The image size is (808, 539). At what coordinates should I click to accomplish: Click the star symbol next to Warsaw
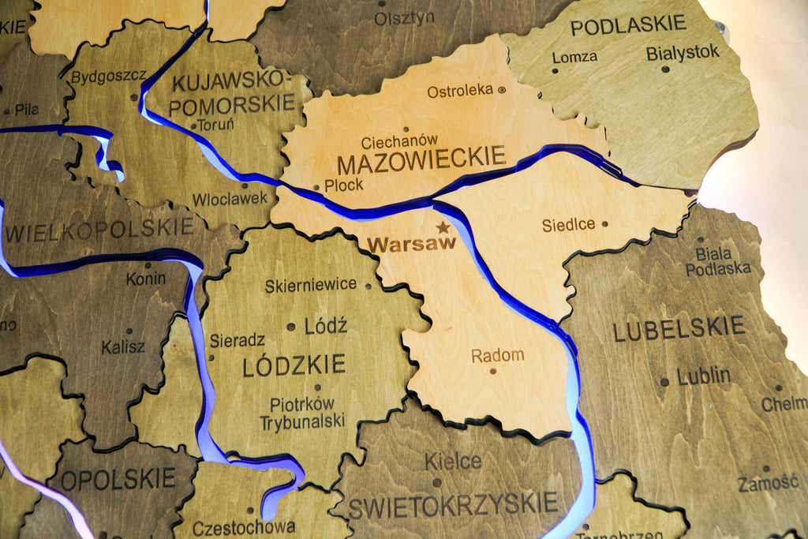(443, 227)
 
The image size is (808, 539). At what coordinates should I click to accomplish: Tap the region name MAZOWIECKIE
(421, 161)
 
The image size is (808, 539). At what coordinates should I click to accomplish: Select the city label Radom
(497, 356)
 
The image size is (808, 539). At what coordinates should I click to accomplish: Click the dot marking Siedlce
(604, 224)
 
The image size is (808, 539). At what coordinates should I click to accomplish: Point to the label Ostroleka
(460, 91)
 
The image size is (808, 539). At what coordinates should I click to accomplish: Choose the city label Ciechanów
(399, 142)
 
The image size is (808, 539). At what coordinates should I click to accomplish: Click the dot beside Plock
(317, 188)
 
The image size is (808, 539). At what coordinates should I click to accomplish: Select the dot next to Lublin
(664, 381)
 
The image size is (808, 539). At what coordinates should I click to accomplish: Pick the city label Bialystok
(683, 53)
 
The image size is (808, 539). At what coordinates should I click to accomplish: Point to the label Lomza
(574, 57)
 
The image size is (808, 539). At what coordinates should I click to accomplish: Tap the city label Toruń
(215, 125)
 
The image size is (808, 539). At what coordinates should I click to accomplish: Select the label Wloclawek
(230, 199)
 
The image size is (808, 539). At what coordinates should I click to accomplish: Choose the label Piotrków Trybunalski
(303, 413)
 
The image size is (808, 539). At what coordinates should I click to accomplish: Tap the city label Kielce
(453, 461)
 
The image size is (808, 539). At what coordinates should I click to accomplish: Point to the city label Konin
(146, 278)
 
